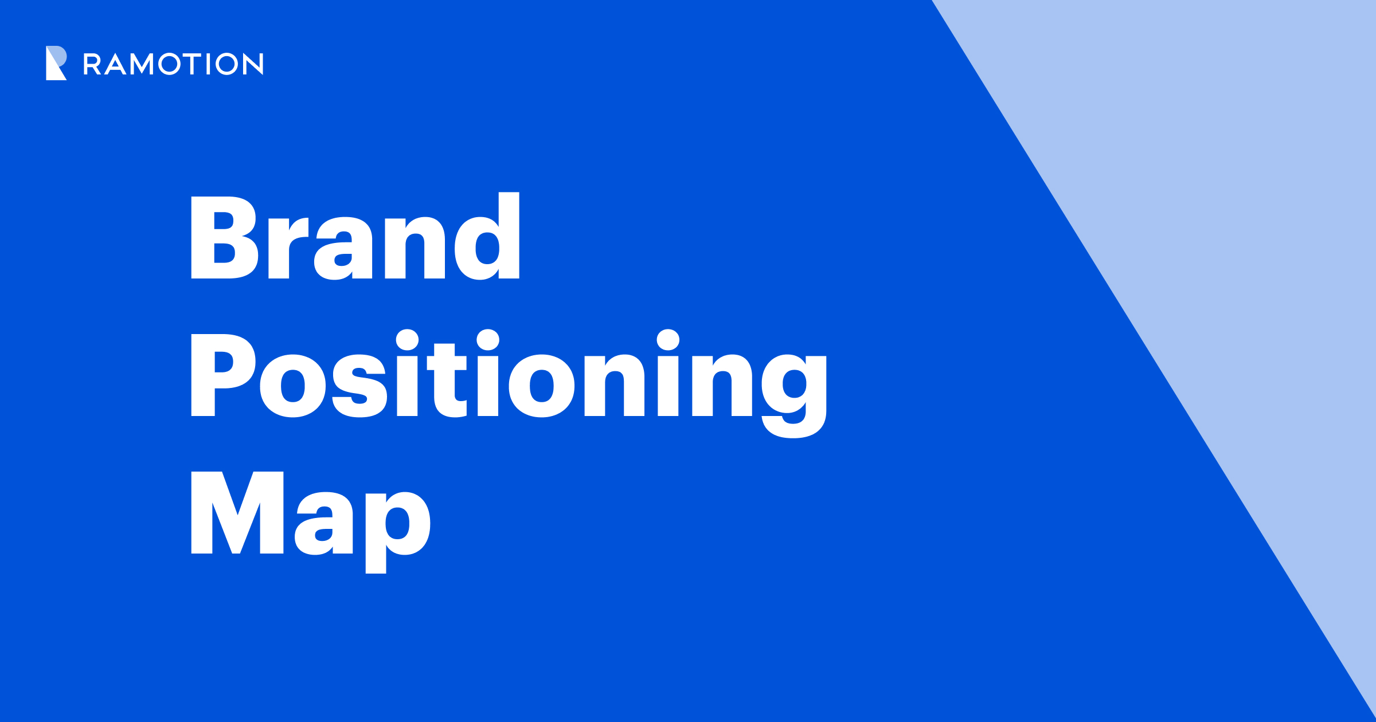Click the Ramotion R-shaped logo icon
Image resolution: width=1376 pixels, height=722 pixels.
pos(56,63)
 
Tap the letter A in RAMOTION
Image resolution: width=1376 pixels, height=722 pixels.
pos(115,65)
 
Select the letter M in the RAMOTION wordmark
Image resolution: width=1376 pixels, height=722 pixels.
pos(142,64)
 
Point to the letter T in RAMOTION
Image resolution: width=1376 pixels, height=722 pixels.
pos(192,64)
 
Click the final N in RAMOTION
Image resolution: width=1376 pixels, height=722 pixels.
pos(253,64)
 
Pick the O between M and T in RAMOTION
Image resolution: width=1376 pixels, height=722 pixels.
pos(170,64)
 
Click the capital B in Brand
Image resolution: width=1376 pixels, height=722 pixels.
pos(224,238)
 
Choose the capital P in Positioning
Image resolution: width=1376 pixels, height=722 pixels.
pos(222,375)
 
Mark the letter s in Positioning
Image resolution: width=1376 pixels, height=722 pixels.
pos(359,386)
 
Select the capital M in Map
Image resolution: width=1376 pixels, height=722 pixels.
pos(237,513)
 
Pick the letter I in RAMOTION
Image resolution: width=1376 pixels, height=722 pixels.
pos(209,64)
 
